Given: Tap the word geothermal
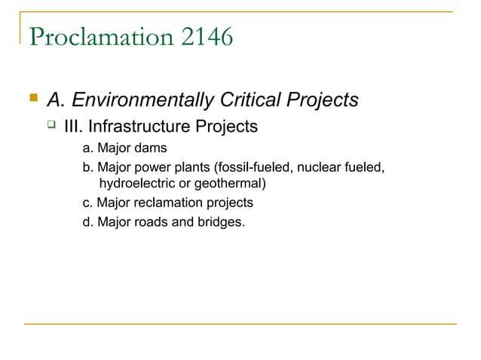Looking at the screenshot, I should click(x=231, y=183).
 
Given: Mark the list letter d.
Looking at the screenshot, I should click(x=87, y=222).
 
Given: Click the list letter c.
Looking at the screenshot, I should click(x=87, y=203).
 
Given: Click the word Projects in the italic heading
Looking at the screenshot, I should click(x=318, y=99).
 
